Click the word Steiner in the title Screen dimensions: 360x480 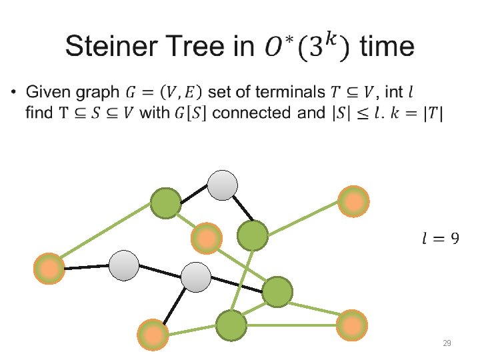109,47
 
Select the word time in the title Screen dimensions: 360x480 386,47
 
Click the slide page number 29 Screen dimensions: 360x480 447,343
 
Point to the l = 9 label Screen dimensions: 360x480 440,238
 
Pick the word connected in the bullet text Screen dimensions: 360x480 253,113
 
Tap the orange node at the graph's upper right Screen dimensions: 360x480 353,201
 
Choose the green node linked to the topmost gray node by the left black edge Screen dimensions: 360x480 165,203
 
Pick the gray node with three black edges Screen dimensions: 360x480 196,277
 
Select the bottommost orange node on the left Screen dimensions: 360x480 153,333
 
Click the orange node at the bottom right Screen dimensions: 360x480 351,325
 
